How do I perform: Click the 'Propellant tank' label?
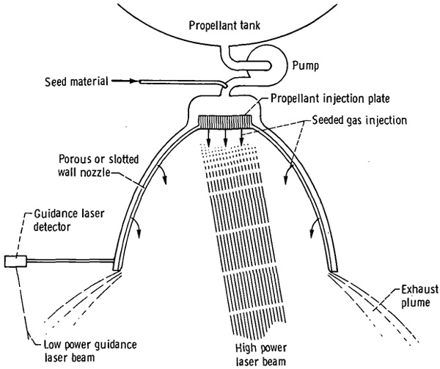point(224,26)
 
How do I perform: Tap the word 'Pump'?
point(306,66)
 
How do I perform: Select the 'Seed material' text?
point(76,81)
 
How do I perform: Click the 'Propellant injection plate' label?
point(330,99)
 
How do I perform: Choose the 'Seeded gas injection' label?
point(359,120)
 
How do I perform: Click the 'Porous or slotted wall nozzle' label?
point(98,166)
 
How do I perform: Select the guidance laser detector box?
point(15,261)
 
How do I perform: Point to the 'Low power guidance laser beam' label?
point(89,351)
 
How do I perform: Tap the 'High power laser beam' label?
point(261,354)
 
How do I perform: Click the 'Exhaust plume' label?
point(419,296)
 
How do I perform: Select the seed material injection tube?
point(183,82)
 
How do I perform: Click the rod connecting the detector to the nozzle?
point(70,261)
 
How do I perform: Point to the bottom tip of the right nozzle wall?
point(334,271)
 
